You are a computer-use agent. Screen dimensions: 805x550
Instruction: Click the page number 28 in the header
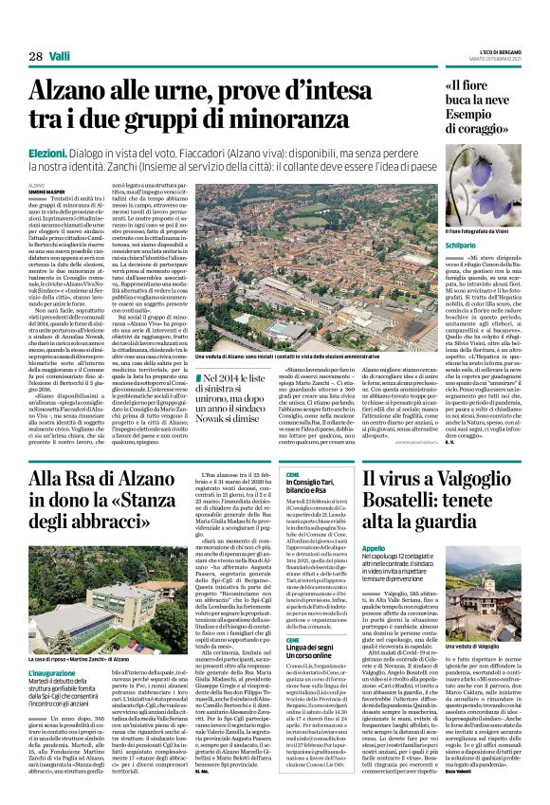(35, 57)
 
